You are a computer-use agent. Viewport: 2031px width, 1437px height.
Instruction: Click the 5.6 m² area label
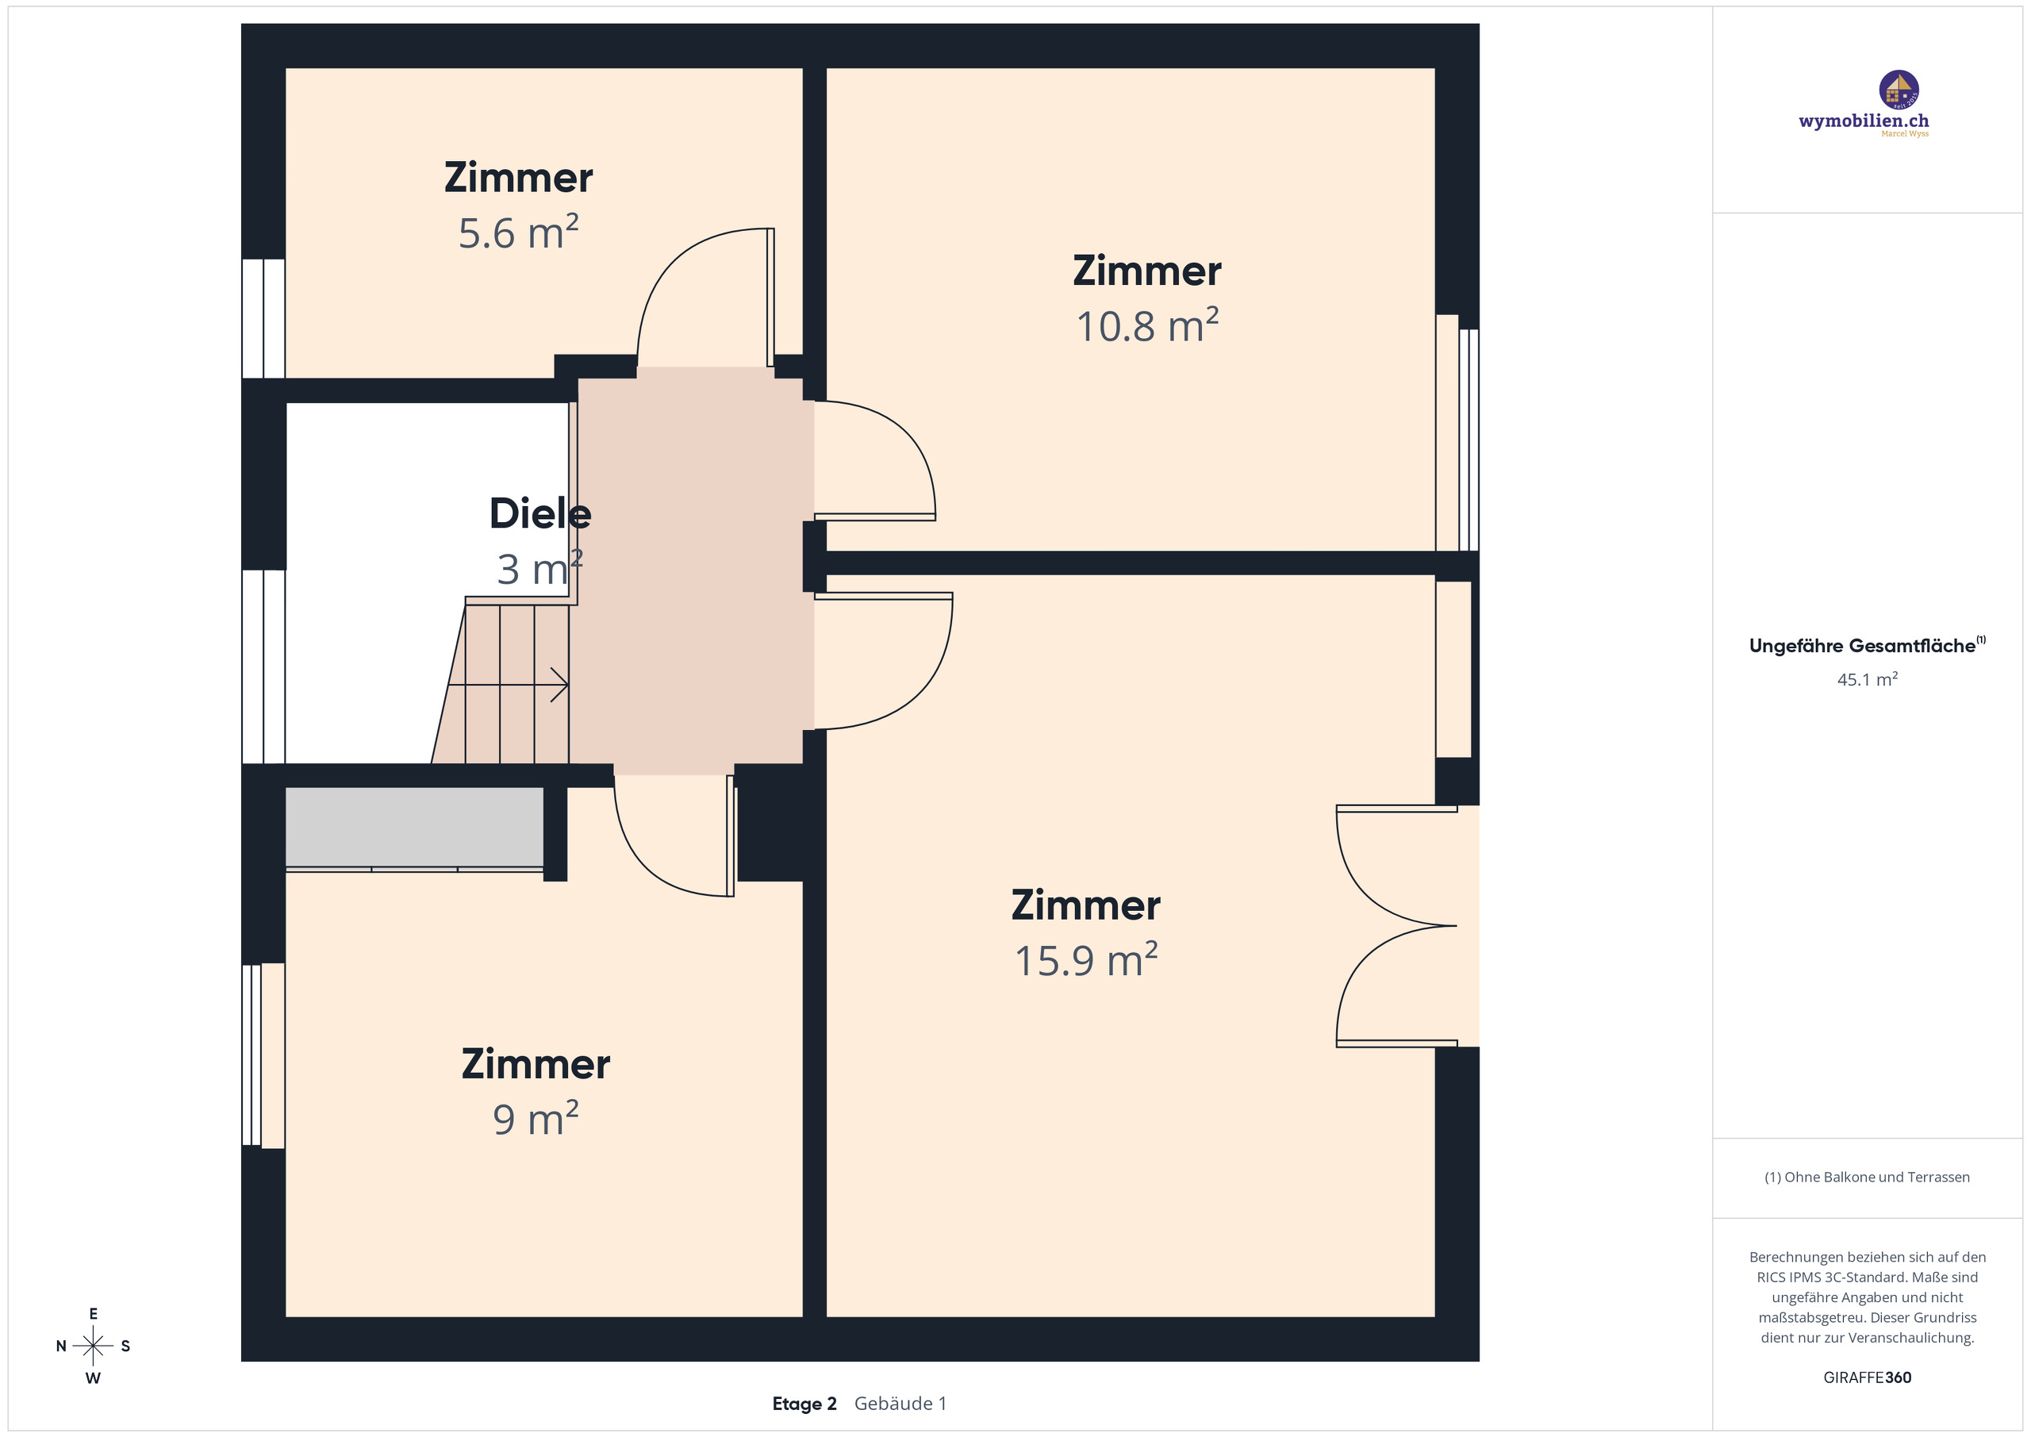pyautogui.click(x=518, y=233)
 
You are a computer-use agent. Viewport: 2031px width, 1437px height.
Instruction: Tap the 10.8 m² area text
pyautogui.click(x=1146, y=326)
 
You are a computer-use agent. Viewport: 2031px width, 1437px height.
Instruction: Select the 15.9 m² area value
pyautogui.click(x=1085, y=961)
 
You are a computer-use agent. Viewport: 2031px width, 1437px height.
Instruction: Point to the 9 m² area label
pyautogui.click(x=536, y=1120)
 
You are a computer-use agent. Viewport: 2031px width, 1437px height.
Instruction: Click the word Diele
pyautogui.click(x=539, y=514)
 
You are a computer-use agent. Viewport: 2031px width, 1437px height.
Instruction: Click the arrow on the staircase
pyautogui.click(x=559, y=684)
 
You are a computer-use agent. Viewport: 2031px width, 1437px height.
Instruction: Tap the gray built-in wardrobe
pyautogui.click(x=414, y=827)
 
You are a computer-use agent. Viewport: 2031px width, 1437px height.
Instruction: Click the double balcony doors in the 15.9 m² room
pyautogui.click(x=1398, y=925)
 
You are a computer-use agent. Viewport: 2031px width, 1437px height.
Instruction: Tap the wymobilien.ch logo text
pyautogui.click(x=1863, y=121)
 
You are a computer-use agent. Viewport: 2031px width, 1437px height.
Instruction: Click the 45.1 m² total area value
pyautogui.click(x=1867, y=679)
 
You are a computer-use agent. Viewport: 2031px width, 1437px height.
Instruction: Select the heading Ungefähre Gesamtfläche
pyautogui.click(x=1861, y=646)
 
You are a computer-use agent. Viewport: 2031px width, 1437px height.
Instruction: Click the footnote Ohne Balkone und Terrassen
pyautogui.click(x=1867, y=1177)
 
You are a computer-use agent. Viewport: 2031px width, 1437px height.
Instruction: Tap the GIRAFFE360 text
pyautogui.click(x=1867, y=1377)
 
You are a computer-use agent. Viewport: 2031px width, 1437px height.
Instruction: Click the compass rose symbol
pyautogui.click(x=93, y=1346)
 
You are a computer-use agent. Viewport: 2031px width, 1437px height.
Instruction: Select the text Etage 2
pyautogui.click(x=803, y=1404)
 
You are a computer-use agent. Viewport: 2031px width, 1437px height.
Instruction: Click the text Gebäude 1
pyautogui.click(x=900, y=1404)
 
